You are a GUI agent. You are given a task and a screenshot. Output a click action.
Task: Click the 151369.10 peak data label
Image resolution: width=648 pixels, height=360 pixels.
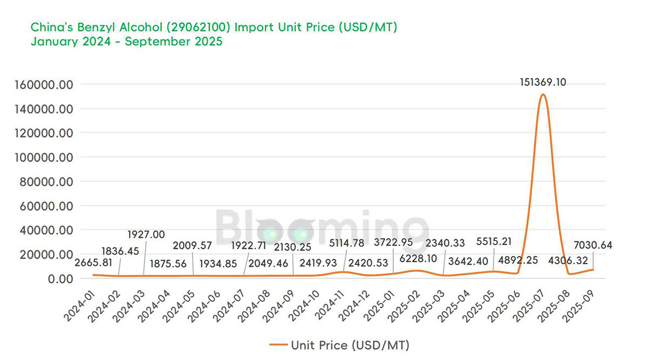542,82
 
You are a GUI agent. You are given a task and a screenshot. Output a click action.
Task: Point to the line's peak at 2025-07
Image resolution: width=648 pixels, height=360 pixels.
543,95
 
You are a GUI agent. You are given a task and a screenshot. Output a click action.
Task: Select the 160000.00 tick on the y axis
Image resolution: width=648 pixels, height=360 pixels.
46,85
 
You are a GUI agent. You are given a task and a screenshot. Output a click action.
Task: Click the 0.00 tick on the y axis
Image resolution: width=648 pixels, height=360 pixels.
60,279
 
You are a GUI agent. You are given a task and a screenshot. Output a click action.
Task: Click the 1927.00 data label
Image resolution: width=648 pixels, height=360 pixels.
146,235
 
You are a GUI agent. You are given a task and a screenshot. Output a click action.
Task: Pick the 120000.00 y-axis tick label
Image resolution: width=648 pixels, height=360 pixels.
46,133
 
